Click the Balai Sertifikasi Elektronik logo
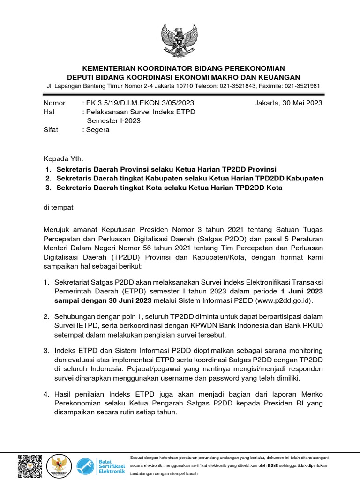point(101,466)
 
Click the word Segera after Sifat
point(97,130)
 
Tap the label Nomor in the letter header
point(54,103)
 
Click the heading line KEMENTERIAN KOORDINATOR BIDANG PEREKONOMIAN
point(180,68)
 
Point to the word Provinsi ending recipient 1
point(262,169)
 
